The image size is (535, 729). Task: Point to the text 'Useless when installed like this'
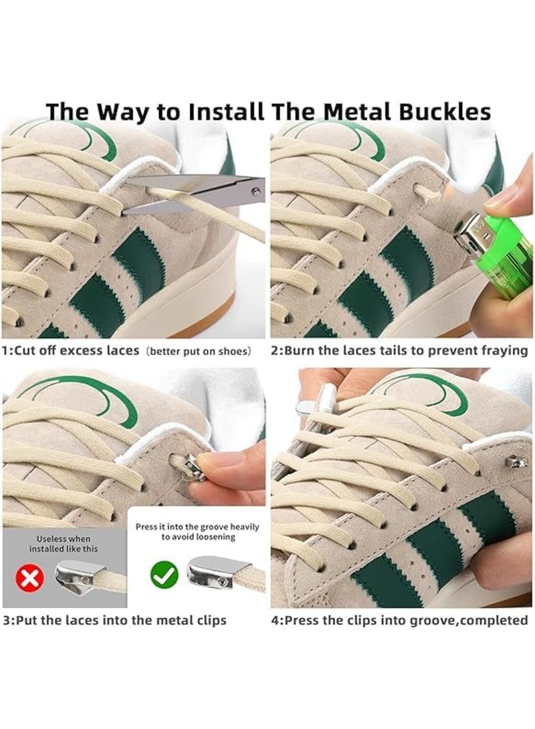click(x=64, y=543)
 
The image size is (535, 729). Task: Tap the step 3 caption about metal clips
click(x=114, y=620)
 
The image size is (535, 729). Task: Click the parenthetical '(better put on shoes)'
click(x=199, y=351)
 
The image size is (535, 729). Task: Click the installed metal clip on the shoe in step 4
click(x=513, y=462)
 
